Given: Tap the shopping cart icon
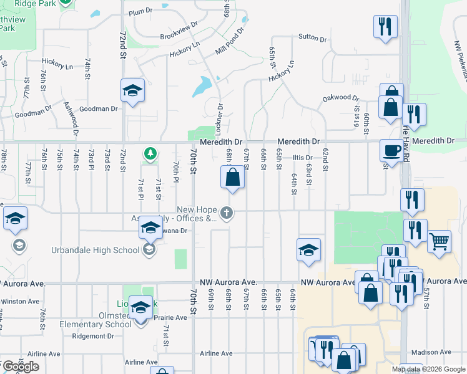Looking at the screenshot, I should click(439, 240).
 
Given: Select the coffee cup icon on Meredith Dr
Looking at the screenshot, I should click(391, 150).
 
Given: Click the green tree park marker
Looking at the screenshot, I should click(150, 153).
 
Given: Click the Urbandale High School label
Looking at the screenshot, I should click(95, 251).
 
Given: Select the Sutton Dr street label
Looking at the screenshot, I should click(313, 37).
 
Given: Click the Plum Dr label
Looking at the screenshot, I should click(140, 11).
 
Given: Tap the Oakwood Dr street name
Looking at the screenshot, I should click(341, 98).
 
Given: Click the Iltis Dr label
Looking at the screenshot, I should click(302, 158).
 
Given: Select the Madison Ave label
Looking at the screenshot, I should click(432, 352).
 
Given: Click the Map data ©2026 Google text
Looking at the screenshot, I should click(428, 369).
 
